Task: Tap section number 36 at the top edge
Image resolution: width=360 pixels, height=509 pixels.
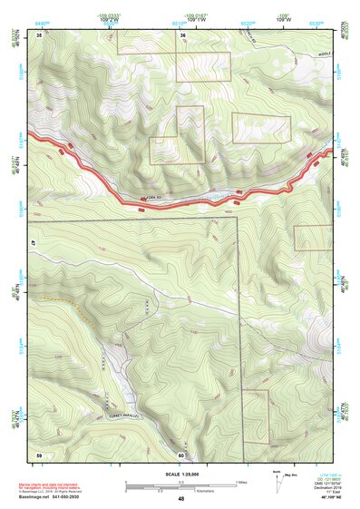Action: pyautogui.click(x=182, y=34)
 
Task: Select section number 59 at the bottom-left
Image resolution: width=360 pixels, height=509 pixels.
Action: pyautogui.click(x=39, y=455)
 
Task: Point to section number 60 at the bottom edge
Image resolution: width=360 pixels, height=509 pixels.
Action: pyautogui.click(x=181, y=455)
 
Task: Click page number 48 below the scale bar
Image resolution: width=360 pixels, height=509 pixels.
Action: pyautogui.click(x=181, y=499)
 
